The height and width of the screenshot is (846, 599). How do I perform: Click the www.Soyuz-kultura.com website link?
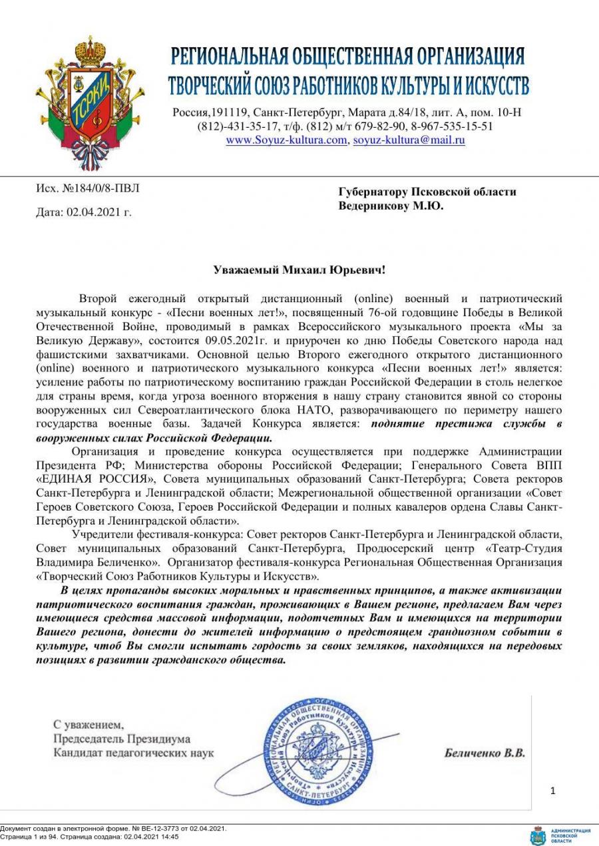(x=287, y=140)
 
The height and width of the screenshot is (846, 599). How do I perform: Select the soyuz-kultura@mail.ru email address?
(x=409, y=140)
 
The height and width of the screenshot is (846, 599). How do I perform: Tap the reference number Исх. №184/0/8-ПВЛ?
(x=88, y=188)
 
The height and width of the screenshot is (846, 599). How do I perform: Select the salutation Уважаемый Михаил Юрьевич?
(x=299, y=270)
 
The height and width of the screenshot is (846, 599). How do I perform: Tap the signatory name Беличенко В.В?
(x=484, y=753)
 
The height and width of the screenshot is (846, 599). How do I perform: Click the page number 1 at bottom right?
(x=552, y=791)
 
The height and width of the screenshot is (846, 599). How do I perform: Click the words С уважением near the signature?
(x=89, y=724)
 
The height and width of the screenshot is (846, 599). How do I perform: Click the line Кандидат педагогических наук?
(x=134, y=753)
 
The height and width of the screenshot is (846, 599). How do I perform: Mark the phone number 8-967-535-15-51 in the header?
(x=453, y=126)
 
